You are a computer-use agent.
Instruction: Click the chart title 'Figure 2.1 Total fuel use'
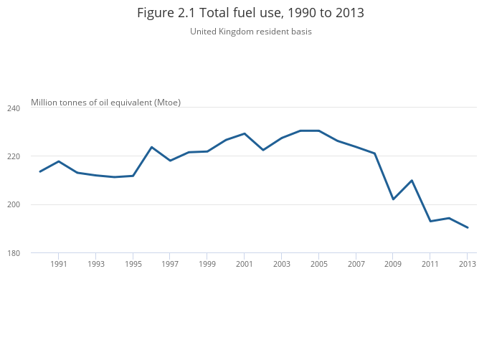point(250,13)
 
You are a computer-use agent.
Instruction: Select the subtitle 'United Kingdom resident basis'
point(250,32)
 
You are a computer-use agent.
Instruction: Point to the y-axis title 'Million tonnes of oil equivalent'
point(105,103)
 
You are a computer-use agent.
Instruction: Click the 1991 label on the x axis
point(59,264)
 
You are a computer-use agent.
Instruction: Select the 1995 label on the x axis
point(133,264)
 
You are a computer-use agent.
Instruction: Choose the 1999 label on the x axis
point(207,264)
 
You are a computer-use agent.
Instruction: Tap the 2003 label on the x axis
point(282,264)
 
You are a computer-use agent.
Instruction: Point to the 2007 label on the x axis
point(356,264)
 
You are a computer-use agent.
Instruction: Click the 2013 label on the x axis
point(468,264)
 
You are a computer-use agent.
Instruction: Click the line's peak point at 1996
point(151,147)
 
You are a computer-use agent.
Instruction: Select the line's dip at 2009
point(393,199)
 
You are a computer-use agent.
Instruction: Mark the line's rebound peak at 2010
point(412,180)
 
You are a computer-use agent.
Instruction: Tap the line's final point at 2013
point(468,227)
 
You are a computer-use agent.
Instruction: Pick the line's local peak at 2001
point(245,133)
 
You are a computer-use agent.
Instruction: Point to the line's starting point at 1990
point(40,171)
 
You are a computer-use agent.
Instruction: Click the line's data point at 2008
point(374,153)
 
